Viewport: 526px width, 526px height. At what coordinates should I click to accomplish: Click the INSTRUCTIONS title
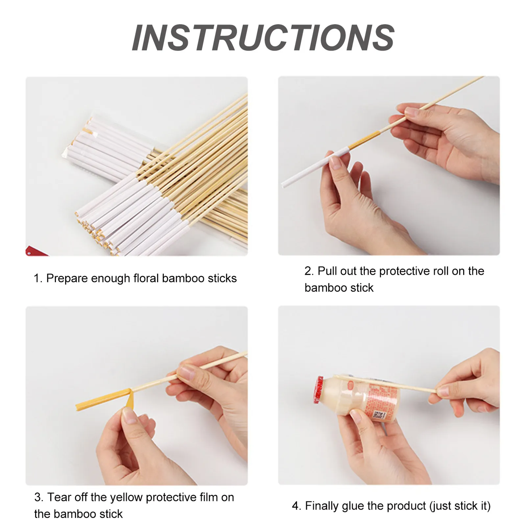click(x=263, y=38)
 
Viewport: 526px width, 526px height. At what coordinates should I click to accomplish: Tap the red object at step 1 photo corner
click(x=35, y=251)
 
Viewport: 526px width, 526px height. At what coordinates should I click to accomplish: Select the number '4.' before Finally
click(x=296, y=506)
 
